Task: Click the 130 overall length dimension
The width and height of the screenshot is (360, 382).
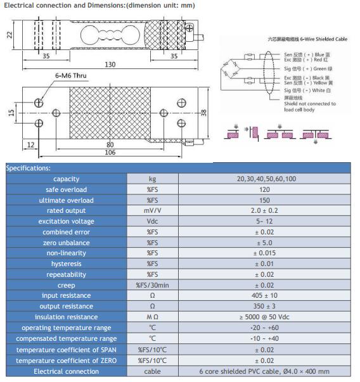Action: [x=110, y=65]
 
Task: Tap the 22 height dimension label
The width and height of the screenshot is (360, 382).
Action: [x=10, y=35]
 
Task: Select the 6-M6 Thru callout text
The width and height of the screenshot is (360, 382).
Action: [x=71, y=75]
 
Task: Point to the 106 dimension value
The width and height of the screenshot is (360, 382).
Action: [x=110, y=152]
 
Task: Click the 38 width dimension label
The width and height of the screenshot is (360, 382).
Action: [x=203, y=112]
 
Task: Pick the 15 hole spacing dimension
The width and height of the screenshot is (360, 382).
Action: [x=11, y=112]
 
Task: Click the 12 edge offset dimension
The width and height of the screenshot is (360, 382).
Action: [x=30, y=144]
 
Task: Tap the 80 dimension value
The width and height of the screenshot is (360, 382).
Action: [x=110, y=144]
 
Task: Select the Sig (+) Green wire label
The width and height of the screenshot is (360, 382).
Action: [x=308, y=68]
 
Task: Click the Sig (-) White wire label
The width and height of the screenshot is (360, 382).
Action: [x=307, y=91]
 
